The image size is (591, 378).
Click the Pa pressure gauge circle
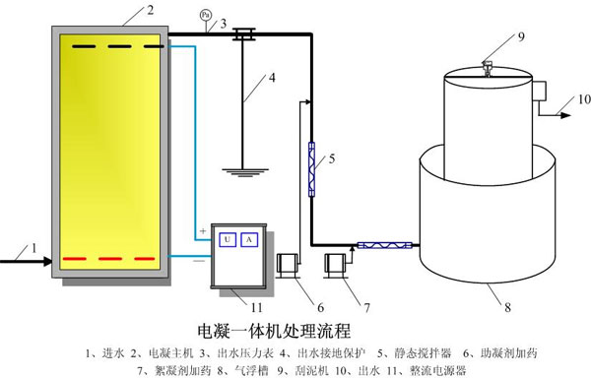point(206,15)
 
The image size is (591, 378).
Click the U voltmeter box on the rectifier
point(228,240)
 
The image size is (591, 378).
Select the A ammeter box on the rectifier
point(249,240)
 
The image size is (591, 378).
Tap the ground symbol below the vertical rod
point(245,172)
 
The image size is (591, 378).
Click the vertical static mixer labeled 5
point(311,169)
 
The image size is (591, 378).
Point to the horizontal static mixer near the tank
point(384,245)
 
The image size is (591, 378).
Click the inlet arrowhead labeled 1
point(48,261)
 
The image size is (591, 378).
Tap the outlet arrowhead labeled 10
point(566,115)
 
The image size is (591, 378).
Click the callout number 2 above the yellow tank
point(151,10)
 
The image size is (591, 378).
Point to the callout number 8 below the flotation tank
point(507,307)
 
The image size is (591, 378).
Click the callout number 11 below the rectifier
point(257,307)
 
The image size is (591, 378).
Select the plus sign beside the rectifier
point(203,230)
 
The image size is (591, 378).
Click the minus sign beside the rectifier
point(199,261)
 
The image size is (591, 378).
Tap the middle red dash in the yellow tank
point(110,259)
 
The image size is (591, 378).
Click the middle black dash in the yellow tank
point(119,46)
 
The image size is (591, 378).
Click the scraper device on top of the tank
point(487,69)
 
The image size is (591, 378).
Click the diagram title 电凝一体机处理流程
point(275,331)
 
